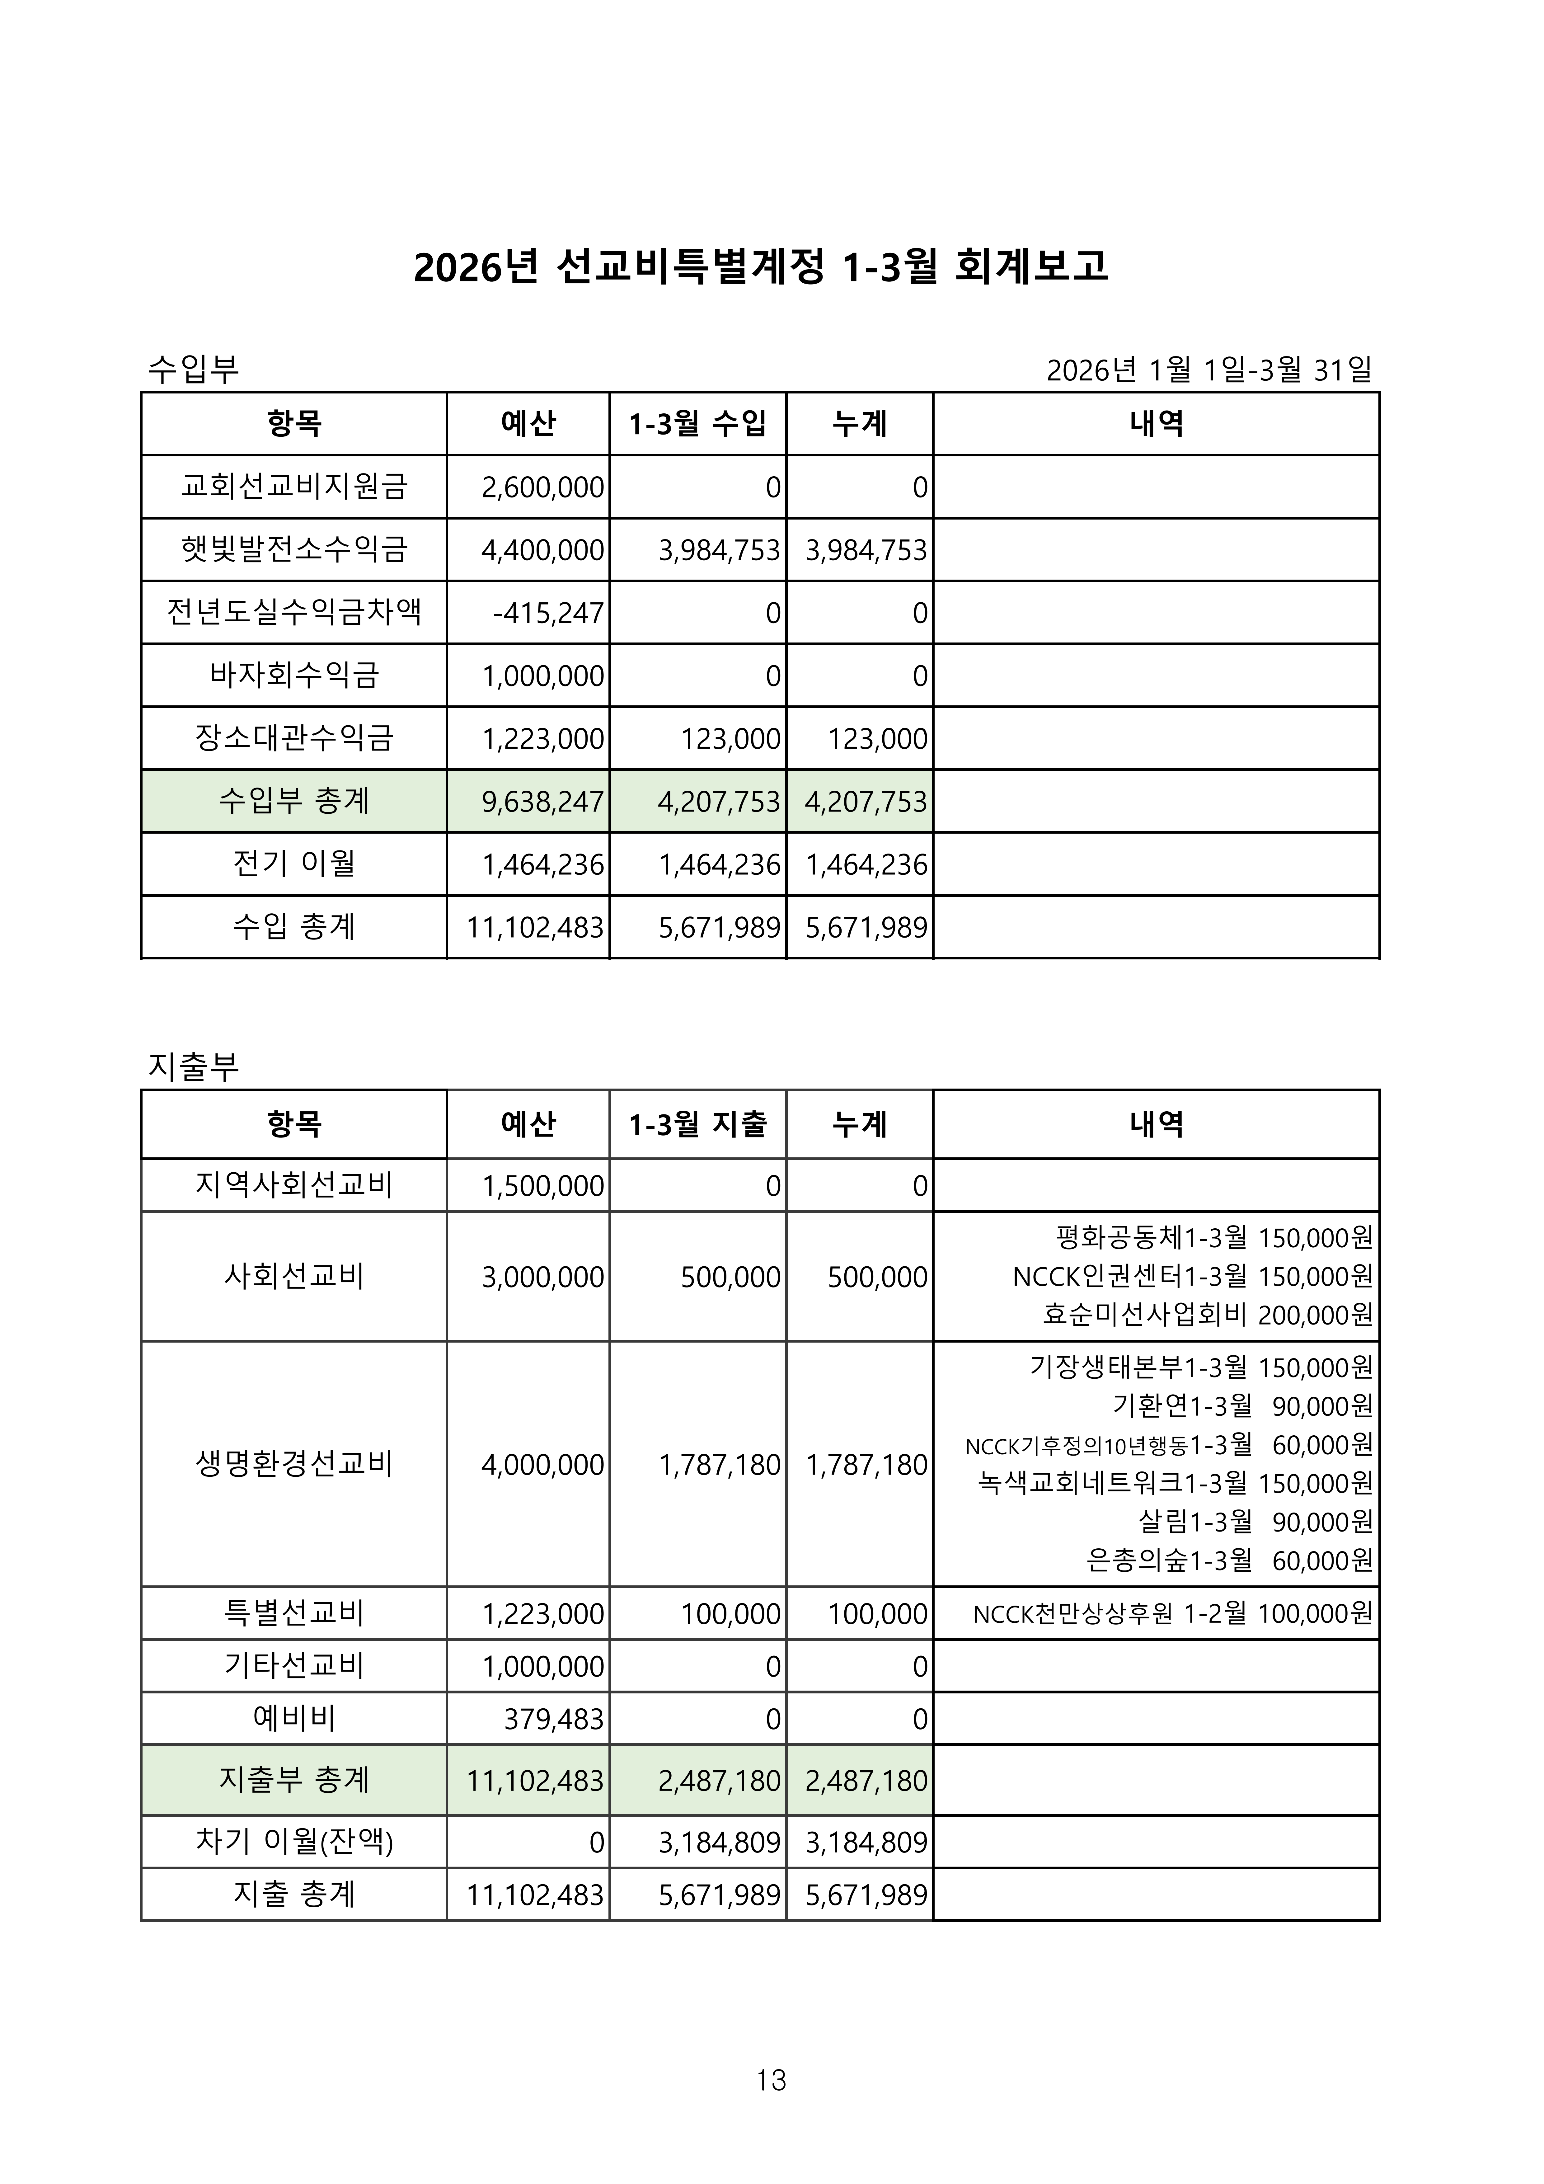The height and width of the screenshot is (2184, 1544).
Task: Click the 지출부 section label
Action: pos(193,1066)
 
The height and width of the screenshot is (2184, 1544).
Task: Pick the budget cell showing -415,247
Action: pos(548,613)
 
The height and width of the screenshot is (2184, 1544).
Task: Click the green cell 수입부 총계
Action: pos(294,801)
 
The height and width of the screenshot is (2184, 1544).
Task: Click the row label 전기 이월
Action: pos(294,864)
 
